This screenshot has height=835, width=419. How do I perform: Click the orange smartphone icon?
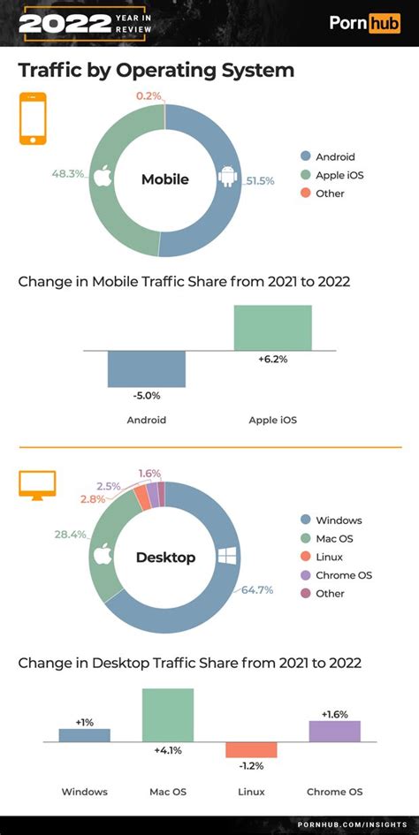[x=33, y=118]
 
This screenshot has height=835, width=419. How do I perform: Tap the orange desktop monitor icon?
[x=37, y=486]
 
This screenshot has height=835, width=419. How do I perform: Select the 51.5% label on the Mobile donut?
[x=260, y=181]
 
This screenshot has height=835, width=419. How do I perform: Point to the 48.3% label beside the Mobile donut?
[x=66, y=173]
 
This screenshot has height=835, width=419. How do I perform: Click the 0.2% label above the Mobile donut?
[x=149, y=95]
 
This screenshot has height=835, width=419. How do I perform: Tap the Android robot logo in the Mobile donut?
[x=228, y=177]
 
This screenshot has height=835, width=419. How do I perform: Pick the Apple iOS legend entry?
[x=332, y=175]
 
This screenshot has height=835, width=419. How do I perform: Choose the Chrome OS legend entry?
[x=337, y=575]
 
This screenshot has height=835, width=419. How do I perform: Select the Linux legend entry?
[x=322, y=557]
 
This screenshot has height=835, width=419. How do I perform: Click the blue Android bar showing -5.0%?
[x=147, y=369]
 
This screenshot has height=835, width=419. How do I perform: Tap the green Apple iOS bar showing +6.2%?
[x=272, y=328]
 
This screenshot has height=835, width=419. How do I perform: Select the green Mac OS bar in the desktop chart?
[x=168, y=715]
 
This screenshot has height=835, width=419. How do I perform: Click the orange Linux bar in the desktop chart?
[x=251, y=749]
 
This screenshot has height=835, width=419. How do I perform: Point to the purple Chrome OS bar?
[x=335, y=731]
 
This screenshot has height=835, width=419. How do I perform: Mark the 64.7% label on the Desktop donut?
[x=258, y=589]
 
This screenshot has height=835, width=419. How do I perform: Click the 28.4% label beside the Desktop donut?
[x=70, y=535]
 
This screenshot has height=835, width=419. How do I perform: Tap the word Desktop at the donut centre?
[x=166, y=557]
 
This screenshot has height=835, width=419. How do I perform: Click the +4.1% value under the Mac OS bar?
[x=168, y=751]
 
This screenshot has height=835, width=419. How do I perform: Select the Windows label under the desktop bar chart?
[x=85, y=792]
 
